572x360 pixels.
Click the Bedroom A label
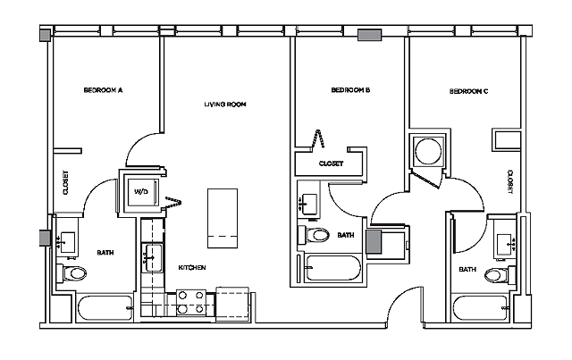(x=103, y=90)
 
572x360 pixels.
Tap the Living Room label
(x=224, y=105)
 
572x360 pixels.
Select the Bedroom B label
(x=350, y=90)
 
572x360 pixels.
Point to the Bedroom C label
(x=468, y=90)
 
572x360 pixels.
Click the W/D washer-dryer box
(x=141, y=191)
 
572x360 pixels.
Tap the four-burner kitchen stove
(x=189, y=300)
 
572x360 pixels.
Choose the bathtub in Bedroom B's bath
(x=331, y=268)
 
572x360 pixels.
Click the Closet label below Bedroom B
(x=332, y=163)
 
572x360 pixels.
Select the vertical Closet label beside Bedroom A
(x=65, y=183)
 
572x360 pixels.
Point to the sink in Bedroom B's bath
(x=309, y=202)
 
